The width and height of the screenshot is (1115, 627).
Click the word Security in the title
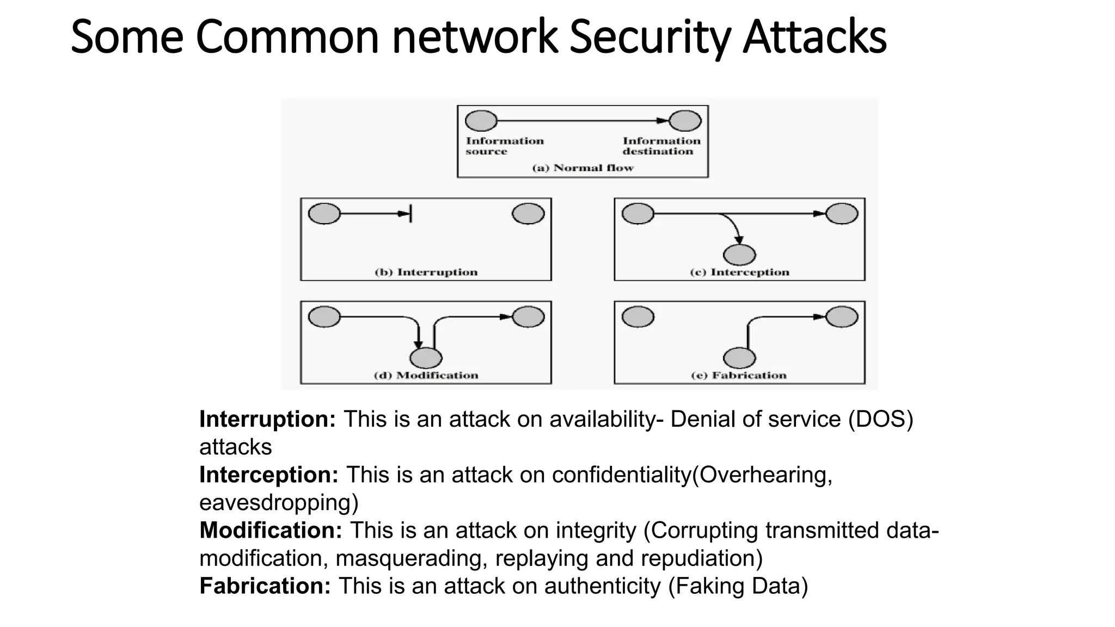click(651, 37)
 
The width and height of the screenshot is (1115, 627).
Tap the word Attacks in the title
click(815, 37)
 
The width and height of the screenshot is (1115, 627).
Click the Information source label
click(504, 146)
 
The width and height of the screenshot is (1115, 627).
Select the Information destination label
click(661, 146)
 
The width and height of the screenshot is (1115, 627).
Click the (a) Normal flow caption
click(583, 168)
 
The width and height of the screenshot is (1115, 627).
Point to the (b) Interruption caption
click(426, 272)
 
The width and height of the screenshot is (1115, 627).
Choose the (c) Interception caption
click(739, 272)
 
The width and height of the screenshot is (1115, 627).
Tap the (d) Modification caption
click(426, 376)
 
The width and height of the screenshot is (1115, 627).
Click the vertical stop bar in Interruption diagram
click(411, 213)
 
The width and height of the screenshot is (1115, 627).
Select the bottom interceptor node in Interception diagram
click(739, 255)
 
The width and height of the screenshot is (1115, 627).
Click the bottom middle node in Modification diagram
click(426, 358)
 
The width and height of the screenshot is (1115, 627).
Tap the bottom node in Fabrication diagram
click(739, 358)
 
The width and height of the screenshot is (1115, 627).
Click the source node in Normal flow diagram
click(481, 121)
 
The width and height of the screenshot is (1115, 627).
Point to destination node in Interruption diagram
click(528, 213)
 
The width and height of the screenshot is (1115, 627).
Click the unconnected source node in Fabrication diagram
click(638, 316)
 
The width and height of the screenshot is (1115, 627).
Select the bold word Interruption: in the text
click(267, 419)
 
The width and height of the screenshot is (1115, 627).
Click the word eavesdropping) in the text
click(279, 502)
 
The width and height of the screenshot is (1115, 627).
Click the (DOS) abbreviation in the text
click(880, 419)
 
